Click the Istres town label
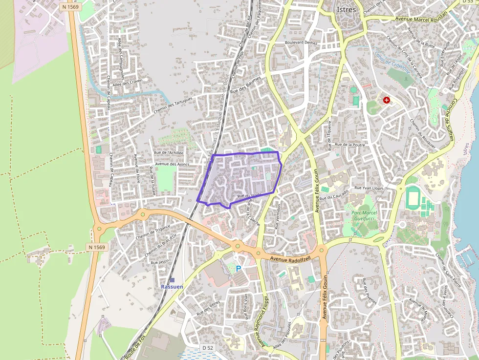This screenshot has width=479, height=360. (x=347, y=9)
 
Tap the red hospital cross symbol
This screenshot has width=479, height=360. (x=387, y=100)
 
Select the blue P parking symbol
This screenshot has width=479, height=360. (x=239, y=269)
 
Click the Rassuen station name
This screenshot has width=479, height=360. (x=172, y=287)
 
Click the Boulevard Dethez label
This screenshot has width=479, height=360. (x=301, y=42)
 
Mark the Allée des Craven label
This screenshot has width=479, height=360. (x=127, y=83)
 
